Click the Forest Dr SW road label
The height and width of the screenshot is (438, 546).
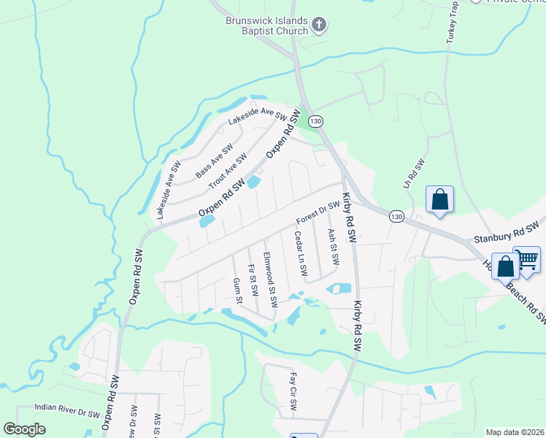click(318, 213)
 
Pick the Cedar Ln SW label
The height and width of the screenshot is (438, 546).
click(301, 253)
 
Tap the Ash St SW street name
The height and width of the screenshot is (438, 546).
click(334, 248)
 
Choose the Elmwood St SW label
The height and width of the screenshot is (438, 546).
click(270, 279)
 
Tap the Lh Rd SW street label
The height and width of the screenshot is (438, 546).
click(417, 177)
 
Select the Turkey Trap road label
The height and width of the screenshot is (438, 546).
click(452, 23)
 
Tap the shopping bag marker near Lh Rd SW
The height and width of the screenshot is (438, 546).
click(440, 199)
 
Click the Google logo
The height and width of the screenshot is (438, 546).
click(25, 429)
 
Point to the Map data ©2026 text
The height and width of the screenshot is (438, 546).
click(514, 432)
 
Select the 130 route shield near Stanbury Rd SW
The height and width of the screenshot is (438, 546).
click(396, 217)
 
